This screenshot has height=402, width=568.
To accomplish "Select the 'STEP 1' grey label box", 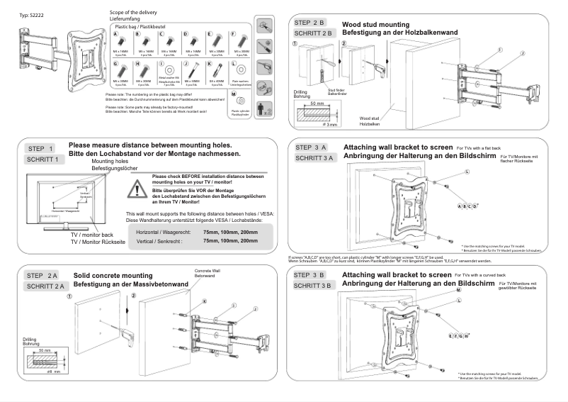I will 41,149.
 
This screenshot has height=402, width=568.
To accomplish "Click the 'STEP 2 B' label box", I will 311,23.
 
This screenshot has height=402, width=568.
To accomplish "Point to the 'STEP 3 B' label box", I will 311,274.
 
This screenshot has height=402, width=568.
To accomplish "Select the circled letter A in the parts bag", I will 115,34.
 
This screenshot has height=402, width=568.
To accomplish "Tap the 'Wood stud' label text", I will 368,119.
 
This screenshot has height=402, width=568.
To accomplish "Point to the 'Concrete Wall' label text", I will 205,271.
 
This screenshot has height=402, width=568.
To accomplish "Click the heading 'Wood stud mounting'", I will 378,23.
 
